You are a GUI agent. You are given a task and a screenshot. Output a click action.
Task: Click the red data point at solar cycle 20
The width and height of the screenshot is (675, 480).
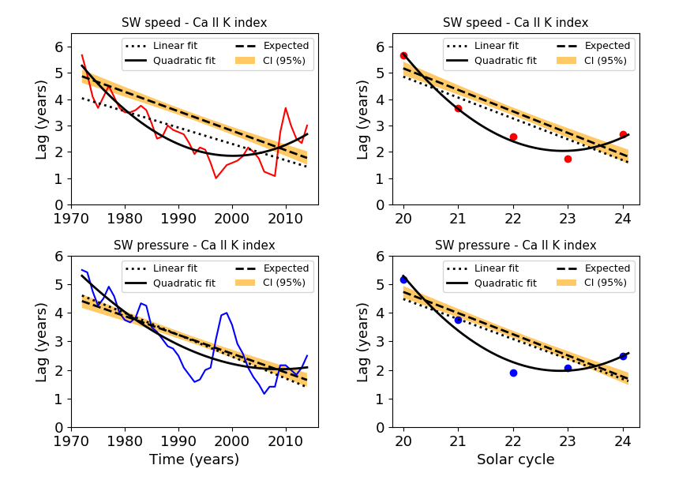click(403, 55)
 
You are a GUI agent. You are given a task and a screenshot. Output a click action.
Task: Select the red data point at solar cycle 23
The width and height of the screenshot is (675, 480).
click(568, 159)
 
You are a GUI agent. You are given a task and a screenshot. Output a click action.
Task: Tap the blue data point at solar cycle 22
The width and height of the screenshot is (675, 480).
click(513, 373)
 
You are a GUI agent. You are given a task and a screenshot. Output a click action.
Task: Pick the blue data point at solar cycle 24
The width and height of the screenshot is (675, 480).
click(623, 356)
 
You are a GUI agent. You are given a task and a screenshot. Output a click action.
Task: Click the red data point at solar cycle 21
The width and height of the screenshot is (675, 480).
click(458, 108)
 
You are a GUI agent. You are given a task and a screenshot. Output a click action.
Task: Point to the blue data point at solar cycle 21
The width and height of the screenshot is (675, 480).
click(458, 320)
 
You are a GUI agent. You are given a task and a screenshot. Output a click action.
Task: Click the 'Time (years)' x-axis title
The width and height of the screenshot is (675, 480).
click(194, 459)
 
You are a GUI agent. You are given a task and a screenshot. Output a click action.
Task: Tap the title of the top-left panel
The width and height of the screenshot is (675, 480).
click(194, 23)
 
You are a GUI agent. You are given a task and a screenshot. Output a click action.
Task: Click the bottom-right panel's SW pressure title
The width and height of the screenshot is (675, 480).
click(516, 246)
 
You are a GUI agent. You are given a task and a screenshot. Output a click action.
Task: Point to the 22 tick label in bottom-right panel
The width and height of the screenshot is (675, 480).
click(513, 440)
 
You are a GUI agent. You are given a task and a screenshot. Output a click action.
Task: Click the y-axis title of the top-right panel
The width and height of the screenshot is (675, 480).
click(362, 119)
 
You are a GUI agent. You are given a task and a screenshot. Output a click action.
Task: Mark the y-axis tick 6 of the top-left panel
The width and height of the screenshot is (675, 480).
click(58, 47)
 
